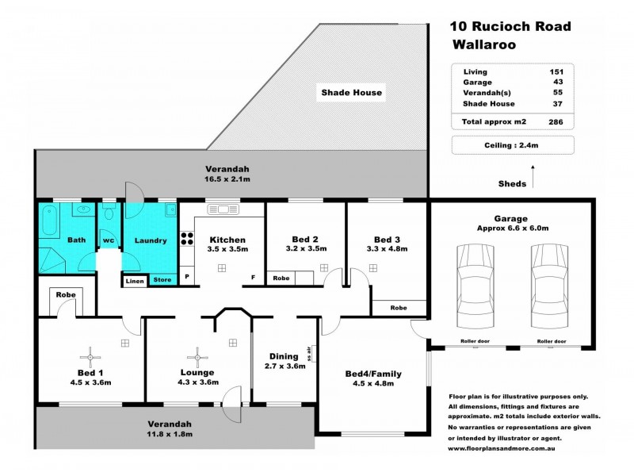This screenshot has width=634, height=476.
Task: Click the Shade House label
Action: [x=351, y=93]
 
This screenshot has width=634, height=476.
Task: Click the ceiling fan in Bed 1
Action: [x=92, y=354]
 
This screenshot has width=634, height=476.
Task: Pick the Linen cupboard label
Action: [x=134, y=279]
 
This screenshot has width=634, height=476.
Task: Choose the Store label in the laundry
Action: [x=162, y=279]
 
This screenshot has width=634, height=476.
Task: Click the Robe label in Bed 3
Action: [x=399, y=307]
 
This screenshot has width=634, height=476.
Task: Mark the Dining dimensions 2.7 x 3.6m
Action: [x=284, y=367]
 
